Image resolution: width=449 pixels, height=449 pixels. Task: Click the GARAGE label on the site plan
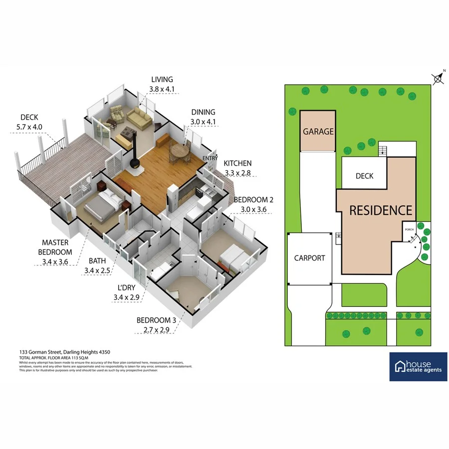pyautogui.click(x=318, y=132)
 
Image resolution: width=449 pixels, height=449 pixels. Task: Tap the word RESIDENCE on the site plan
pyautogui.click(x=381, y=210)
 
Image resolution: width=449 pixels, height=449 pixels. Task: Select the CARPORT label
pyautogui.click(x=309, y=258)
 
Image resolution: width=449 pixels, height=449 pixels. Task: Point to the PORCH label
pyautogui.click(x=409, y=230)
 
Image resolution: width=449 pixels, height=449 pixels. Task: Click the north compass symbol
pyautogui.click(x=437, y=78)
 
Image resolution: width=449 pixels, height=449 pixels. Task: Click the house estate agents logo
pyautogui.click(x=418, y=367)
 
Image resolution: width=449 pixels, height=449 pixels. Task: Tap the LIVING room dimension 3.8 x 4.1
pyautogui.click(x=161, y=89)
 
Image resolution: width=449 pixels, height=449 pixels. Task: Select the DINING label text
pyautogui.click(x=203, y=112)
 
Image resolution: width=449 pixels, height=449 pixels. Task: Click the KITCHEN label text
pyautogui.click(x=237, y=163)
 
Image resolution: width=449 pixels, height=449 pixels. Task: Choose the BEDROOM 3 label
pyautogui.click(x=155, y=320)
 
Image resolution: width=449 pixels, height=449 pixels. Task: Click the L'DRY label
pyautogui.click(x=127, y=289)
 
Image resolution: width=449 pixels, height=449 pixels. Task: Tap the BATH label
pyautogui.click(x=97, y=260)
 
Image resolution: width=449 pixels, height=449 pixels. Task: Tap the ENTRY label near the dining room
pyautogui.click(x=210, y=159)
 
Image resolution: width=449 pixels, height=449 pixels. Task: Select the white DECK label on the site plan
pyautogui.click(x=364, y=176)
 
